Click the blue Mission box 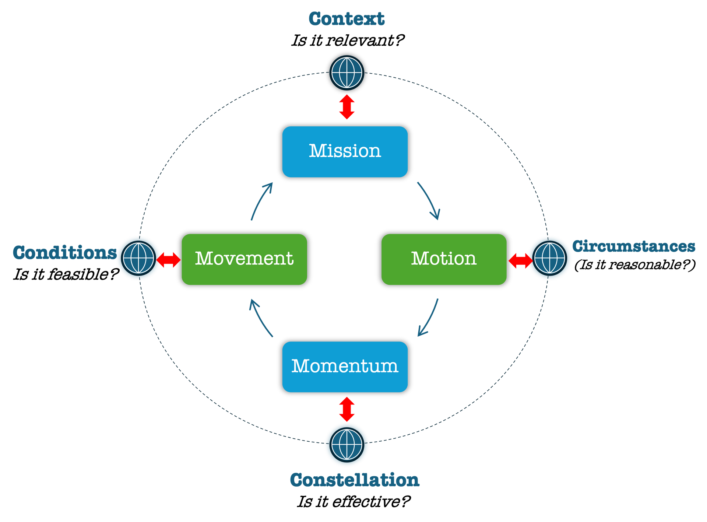click(345, 152)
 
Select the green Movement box click(244, 259)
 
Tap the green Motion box click(444, 259)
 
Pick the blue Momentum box click(345, 367)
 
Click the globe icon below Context click(347, 73)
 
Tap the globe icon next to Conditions click(139, 258)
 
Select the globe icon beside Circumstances click(549, 258)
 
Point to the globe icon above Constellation click(347, 444)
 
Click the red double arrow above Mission click(347, 107)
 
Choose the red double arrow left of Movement click(169, 260)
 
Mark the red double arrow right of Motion click(520, 260)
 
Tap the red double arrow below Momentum click(347, 409)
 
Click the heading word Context click(347, 18)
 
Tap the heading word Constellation click(355, 480)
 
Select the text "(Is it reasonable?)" click(635, 264)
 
